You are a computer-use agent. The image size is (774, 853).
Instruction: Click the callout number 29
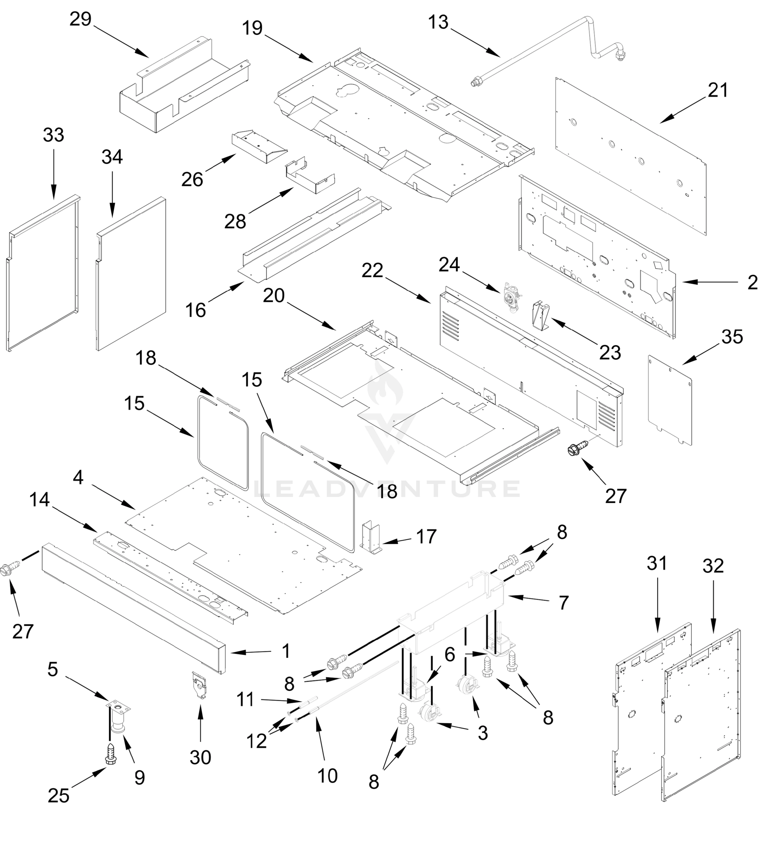click(80, 20)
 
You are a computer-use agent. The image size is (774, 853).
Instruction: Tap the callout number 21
click(718, 91)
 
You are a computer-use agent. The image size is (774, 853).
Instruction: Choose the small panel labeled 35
click(670, 400)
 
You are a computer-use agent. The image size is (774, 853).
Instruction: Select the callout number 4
click(78, 478)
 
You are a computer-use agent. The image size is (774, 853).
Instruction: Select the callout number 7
click(563, 602)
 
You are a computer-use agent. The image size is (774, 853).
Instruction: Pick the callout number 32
click(713, 566)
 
